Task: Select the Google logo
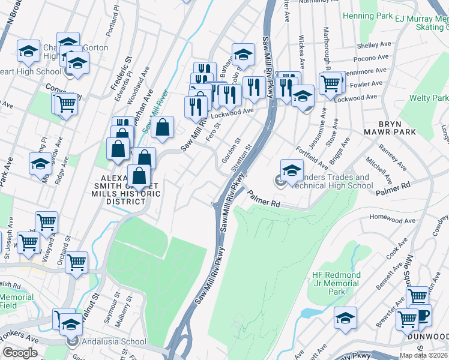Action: coord(20,353)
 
